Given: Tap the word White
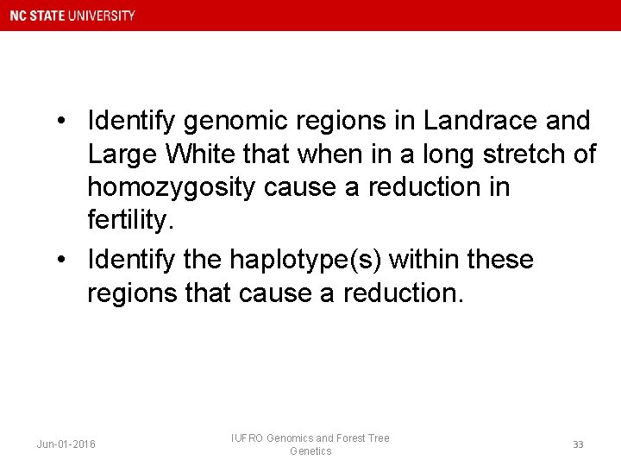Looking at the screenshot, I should pyautogui.click(x=208, y=154).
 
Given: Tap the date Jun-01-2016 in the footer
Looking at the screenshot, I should pyautogui.click(x=66, y=444).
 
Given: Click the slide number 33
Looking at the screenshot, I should pyautogui.click(x=578, y=444).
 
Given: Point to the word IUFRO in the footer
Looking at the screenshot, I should pyautogui.click(x=248, y=438).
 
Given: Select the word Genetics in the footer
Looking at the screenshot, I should pyautogui.click(x=310, y=451).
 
